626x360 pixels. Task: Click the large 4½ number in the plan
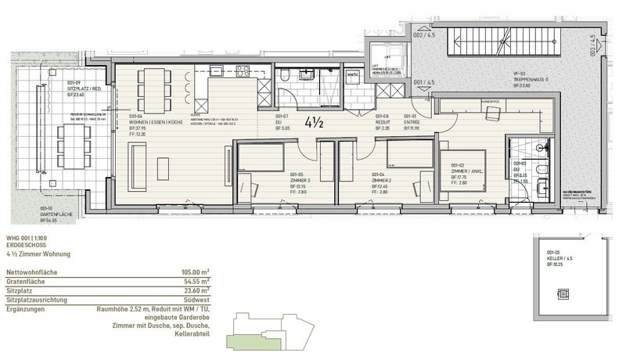pos(322,123)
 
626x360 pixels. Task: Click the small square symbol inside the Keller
pos(559,293)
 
